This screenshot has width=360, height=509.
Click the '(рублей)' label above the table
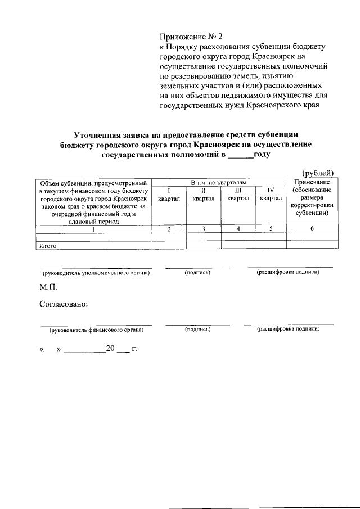click(x=318, y=173)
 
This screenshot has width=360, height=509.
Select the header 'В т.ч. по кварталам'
click(x=219, y=183)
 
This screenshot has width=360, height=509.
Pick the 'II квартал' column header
click(x=203, y=194)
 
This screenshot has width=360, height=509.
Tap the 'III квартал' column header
click(x=238, y=194)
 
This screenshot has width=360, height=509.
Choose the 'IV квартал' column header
click(x=271, y=194)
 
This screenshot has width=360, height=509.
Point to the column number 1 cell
click(x=93, y=229)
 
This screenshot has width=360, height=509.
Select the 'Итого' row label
click(x=49, y=245)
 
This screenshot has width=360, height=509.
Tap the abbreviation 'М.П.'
click(x=48, y=287)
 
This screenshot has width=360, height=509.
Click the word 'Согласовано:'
click(x=64, y=304)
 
